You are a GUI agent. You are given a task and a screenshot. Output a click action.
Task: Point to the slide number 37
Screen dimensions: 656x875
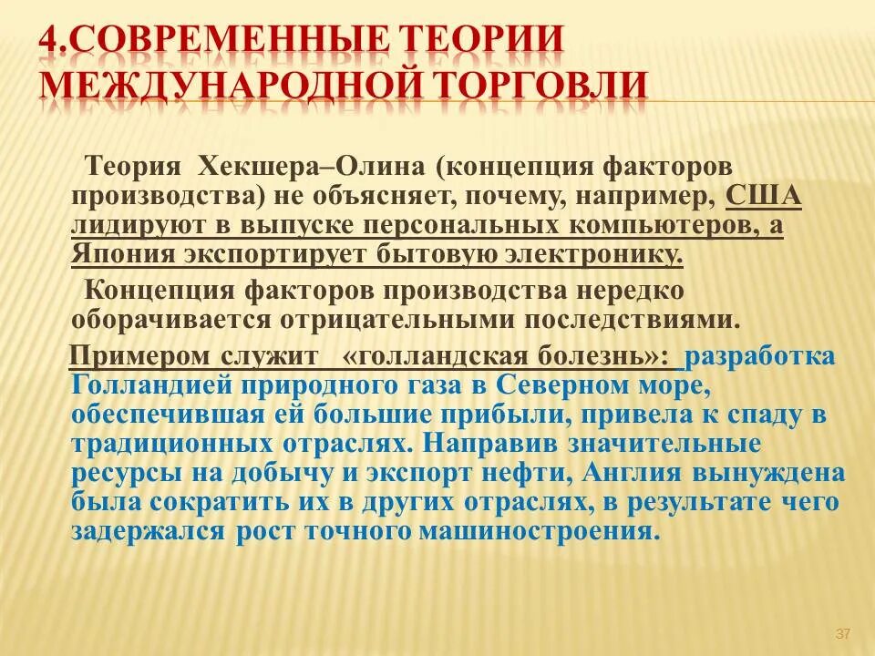tap(842, 634)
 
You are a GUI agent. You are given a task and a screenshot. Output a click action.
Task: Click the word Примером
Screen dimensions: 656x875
tap(139, 355)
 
